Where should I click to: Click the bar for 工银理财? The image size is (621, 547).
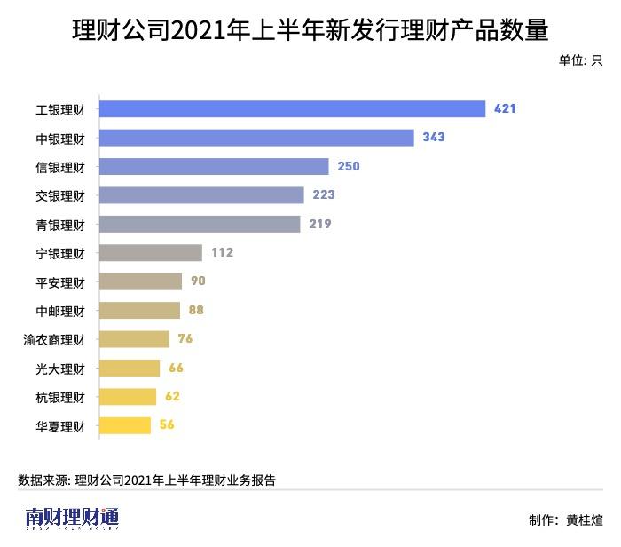292,109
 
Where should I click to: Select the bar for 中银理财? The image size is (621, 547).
256,138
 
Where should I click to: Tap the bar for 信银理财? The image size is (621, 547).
214,166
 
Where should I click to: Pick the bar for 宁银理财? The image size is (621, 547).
151,252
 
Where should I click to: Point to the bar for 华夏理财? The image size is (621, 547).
125,425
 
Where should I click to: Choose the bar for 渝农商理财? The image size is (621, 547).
134,339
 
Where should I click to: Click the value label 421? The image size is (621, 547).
505,109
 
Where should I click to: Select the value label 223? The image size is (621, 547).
324,195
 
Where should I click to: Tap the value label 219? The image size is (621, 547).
320,224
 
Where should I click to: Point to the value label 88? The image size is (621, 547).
196,310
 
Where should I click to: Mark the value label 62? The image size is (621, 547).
172,396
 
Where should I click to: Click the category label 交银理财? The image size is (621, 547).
60,195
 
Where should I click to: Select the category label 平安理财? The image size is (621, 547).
60,281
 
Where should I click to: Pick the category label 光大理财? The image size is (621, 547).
60,368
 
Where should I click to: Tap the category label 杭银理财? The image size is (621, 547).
60,397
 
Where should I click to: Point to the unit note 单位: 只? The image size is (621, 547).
581,60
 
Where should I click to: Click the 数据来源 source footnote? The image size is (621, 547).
146,480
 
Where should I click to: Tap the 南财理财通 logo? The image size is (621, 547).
72,518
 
